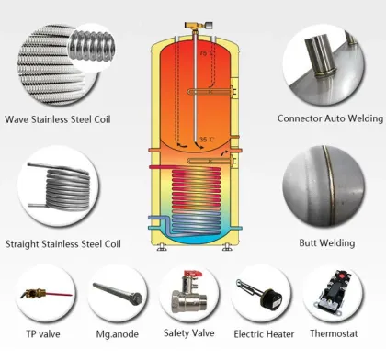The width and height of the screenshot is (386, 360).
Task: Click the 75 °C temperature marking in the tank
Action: coord(203,55)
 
